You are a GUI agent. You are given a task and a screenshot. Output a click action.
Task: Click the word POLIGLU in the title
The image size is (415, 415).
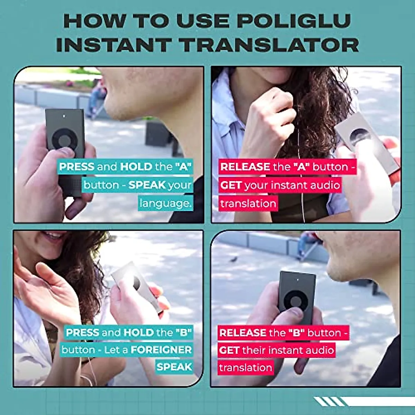295,21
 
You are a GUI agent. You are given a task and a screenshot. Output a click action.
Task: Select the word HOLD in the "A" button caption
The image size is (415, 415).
136,167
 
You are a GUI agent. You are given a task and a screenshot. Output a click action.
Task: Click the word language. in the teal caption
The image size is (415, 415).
165,203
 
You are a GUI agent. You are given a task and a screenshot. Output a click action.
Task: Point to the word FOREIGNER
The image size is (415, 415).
161,350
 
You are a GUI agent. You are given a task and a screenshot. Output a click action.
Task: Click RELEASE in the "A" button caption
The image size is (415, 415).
245,167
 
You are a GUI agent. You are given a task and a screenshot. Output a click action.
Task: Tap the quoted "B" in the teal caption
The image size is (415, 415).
183,333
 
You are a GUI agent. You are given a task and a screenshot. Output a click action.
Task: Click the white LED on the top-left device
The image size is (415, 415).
65,116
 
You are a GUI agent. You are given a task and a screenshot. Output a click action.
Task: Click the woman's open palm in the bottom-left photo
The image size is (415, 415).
45,287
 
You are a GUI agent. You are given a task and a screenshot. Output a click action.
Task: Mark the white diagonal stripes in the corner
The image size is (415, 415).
329,402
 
